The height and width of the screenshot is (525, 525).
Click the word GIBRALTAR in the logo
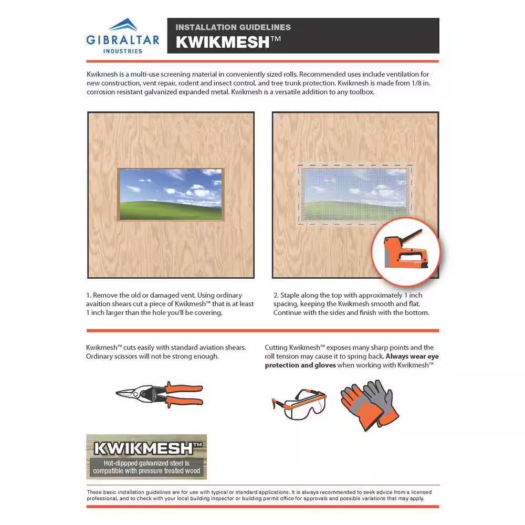click(122, 40)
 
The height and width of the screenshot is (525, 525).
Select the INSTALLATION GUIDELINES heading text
click(233, 27)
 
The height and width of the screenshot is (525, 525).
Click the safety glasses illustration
click(298, 403)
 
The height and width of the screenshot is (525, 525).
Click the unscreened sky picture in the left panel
click(171, 194)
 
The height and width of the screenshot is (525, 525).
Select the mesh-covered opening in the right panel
click(355, 194)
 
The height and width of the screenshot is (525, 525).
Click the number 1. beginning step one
click(89, 296)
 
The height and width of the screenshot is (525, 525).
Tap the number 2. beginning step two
click(276, 296)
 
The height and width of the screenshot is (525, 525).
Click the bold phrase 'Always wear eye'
click(412, 356)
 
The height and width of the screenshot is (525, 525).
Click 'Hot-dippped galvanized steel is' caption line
click(146, 463)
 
